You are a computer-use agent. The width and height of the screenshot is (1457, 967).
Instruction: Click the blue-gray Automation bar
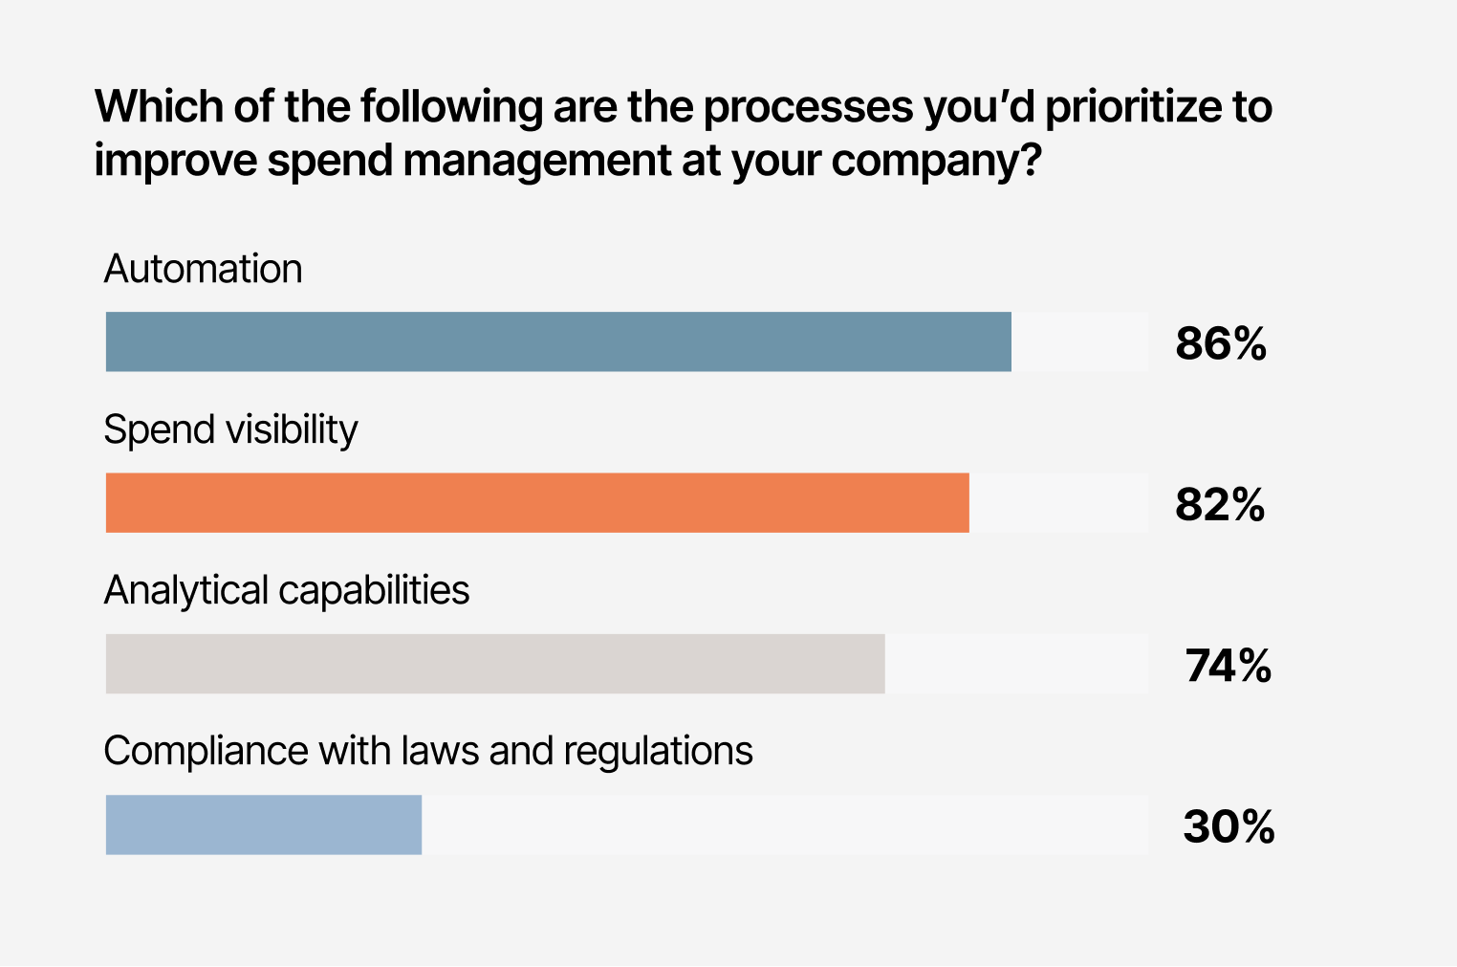558,341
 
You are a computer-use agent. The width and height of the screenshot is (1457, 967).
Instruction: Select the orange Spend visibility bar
537,502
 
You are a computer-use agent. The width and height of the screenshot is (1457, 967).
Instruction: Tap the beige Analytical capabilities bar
495,663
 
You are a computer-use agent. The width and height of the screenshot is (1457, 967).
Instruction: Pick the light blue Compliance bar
264,824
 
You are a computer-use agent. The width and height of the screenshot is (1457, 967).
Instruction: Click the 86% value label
1221,343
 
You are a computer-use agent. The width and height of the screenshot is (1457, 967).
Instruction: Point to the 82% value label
1220,504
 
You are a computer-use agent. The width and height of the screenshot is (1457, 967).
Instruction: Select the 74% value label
1228,665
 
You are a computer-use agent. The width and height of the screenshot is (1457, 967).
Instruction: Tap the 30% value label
1229,826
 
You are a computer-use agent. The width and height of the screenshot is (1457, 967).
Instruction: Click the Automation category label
203,269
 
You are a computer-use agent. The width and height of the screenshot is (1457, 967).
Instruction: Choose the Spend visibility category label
230,430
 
